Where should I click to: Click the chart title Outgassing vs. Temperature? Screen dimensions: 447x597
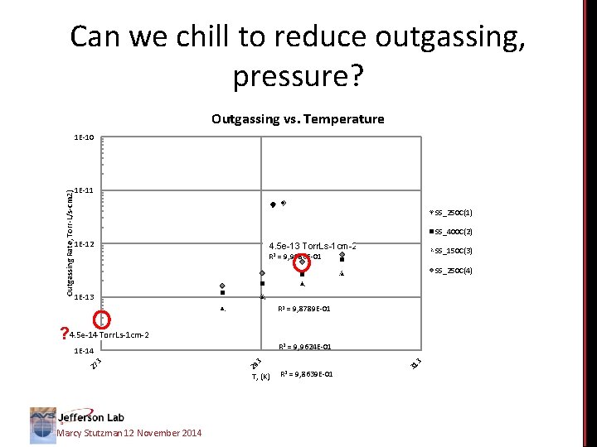[x=298, y=119]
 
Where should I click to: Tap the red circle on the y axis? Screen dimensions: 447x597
[x=101, y=318]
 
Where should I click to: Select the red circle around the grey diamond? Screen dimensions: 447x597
[x=303, y=262]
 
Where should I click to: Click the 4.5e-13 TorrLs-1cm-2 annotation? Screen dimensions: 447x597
[x=313, y=246]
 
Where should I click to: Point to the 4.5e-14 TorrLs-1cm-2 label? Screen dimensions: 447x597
[x=109, y=335]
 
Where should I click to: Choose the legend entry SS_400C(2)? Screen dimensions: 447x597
[x=451, y=231]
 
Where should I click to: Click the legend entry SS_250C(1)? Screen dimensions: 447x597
[x=451, y=212]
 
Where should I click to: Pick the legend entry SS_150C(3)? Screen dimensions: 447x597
[x=451, y=251]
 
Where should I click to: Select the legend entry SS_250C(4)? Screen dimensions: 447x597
[x=451, y=271]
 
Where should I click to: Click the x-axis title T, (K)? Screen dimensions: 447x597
[x=259, y=377]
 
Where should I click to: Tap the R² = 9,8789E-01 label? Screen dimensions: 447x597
[x=304, y=309]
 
